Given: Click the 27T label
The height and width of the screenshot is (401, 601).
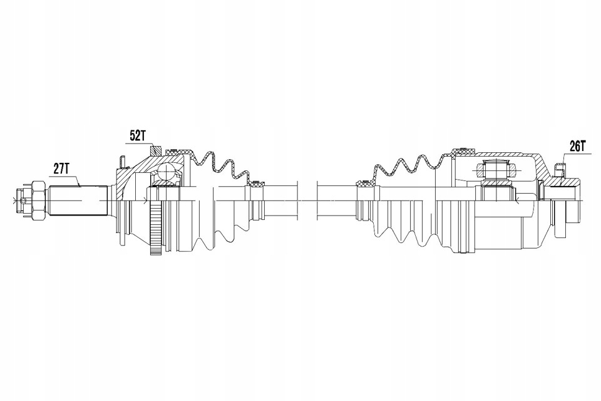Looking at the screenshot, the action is tap(61, 169).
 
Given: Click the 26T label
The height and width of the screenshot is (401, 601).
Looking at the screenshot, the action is tap(578, 146).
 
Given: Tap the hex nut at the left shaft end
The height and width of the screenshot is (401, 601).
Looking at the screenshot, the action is tap(39, 200).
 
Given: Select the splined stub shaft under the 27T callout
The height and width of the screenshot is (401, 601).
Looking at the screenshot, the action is tap(78, 200).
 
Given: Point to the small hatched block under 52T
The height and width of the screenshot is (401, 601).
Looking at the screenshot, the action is tap(156, 150).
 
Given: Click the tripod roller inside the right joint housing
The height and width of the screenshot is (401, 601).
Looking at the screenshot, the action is tap(496, 169).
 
